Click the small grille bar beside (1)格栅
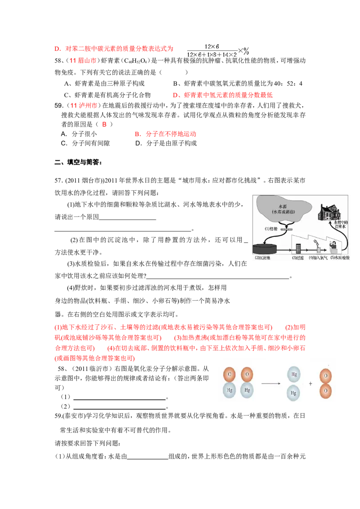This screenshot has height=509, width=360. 285,230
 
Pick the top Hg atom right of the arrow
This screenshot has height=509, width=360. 294,374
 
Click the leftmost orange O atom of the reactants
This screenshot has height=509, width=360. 230,374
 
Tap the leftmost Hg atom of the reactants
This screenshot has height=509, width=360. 230,390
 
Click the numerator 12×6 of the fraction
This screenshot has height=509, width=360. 211,47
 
